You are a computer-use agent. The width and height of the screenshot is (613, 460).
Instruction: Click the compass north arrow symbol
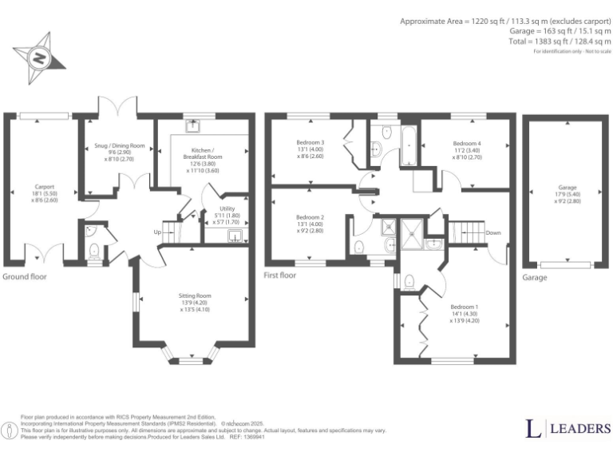pos(38,58)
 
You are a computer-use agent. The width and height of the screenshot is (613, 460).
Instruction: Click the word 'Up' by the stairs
pos(158,232)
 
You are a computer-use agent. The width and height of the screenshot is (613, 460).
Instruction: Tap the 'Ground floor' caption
pos(24,277)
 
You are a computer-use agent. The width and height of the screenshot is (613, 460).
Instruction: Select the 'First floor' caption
pos(280,276)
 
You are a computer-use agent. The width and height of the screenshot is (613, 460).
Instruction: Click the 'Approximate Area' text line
pos(505,22)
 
